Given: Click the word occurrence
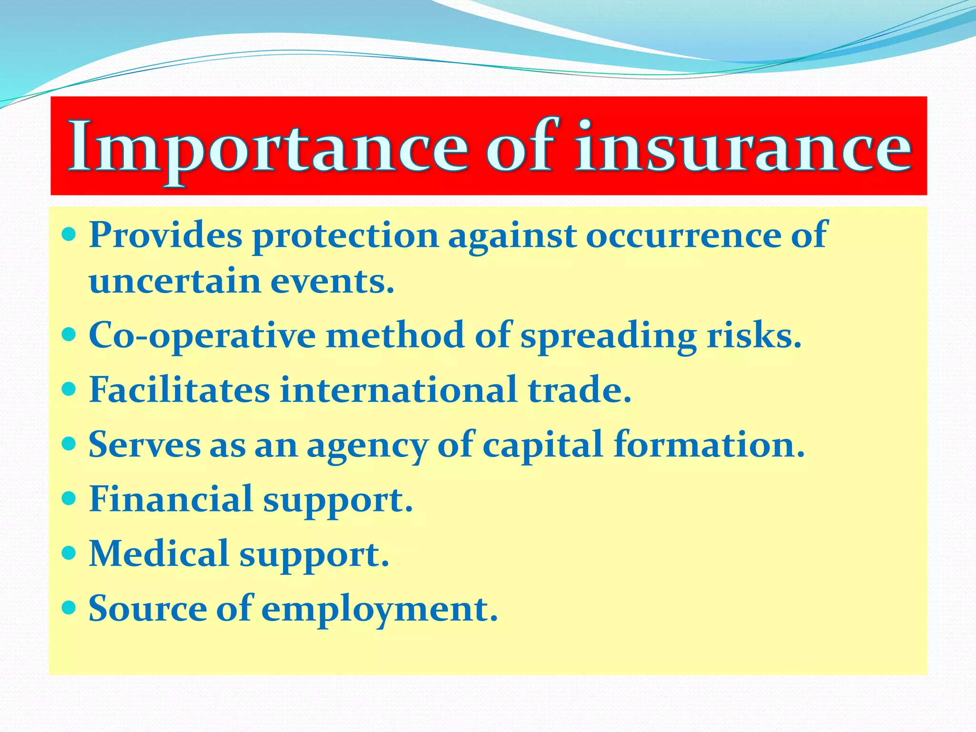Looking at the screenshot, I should [x=683, y=236].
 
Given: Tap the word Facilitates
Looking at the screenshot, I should [x=179, y=390].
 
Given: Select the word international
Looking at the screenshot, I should [x=398, y=390].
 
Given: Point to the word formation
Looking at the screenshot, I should [x=709, y=444].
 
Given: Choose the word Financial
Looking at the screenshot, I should [x=171, y=499].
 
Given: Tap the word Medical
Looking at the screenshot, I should [x=159, y=554].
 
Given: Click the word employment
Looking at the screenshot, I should [x=379, y=610].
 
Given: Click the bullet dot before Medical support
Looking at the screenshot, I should [x=69, y=553].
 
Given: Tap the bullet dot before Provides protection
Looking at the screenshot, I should [x=69, y=234].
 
